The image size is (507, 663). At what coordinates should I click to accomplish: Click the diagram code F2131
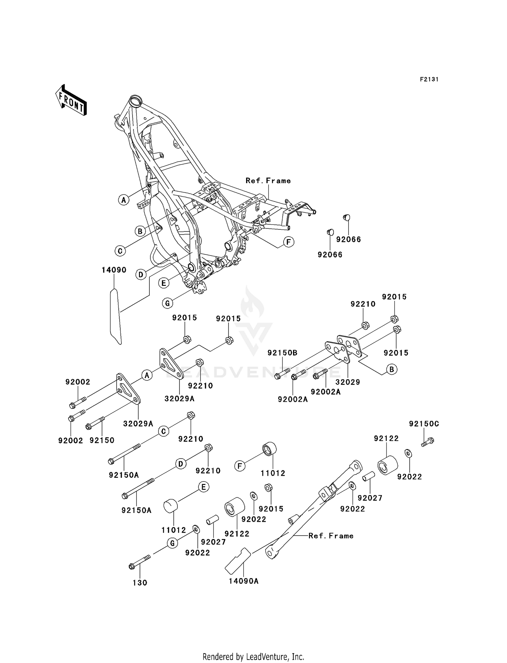(429, 79)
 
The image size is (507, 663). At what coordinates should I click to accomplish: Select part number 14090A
(243, 581)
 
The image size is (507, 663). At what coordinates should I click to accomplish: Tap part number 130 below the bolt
(140, 583)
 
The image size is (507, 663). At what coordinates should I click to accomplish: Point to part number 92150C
(424, 424)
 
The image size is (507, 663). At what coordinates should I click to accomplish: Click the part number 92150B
(282, 353)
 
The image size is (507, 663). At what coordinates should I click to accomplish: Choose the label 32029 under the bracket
(347, 382)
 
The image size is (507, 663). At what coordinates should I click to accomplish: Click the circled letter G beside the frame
(167, 303)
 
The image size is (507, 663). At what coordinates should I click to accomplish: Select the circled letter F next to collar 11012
(240, 466)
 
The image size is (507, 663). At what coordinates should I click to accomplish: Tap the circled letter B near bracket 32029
(391, 369)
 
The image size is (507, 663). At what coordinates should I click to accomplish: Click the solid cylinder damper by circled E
(171, 507)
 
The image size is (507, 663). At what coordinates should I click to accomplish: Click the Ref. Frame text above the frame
(268, 181)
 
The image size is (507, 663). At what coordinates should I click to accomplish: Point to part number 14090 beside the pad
(114, 270)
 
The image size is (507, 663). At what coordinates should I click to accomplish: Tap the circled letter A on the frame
(124, 200)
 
